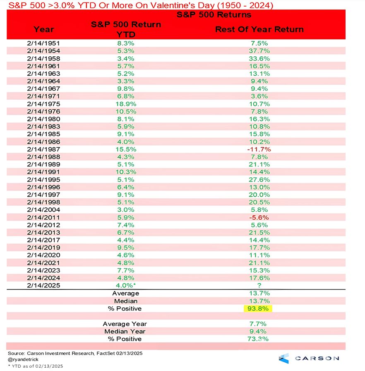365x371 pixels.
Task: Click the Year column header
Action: click(x=44, y=29)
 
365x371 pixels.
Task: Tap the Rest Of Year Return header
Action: click(x=259, y=29)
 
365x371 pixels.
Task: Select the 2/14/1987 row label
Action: click(x=43, y=149)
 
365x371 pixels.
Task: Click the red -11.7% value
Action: click(x=259, y=149)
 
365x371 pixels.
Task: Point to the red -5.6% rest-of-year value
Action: click(x=259, y=217)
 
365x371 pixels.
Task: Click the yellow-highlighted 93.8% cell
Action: click(x=258, y=308)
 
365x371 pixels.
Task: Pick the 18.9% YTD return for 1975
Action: click(x=126, y=104)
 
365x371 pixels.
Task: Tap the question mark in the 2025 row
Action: click(x=259, y=285)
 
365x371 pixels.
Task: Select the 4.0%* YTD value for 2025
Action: click(x=126, y=285)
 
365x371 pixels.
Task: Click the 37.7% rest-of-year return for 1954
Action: click(x=259, y=51)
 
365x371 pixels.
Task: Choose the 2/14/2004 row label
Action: click(x=43, y=210)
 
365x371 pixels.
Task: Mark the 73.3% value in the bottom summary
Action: click(x=258, y=339)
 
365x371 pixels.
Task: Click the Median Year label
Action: click(x=125, y=331)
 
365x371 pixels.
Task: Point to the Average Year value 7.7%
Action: click(x=258, y=324)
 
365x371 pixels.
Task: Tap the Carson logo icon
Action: click(x=283, y=358)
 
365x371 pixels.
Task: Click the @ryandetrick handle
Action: click(x=23, y=359)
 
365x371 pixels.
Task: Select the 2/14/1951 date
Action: click(x=43, y=43)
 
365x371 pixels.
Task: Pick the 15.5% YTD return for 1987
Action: click(x=126, y=149)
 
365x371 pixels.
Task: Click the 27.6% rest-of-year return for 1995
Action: click(x=259, y=180)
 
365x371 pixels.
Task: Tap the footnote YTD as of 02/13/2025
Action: click(x=36, y=366)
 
